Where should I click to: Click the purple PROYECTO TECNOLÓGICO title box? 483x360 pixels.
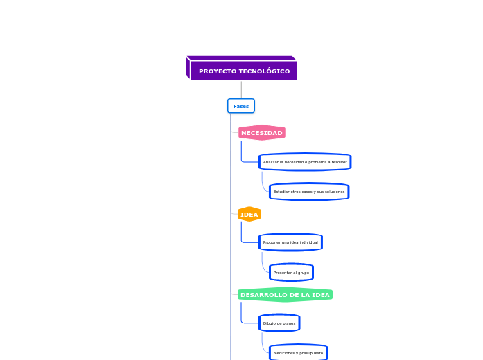point(243,71)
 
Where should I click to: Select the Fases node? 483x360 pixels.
point(241,106)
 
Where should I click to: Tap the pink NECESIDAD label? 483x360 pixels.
point(261,133)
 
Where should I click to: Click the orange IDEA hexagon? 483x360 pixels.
point(249,215)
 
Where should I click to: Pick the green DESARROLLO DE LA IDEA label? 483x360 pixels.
point(285,295)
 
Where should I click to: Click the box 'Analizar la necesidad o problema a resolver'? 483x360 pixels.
point(305,162)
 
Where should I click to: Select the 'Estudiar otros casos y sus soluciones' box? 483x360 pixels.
point(308,192)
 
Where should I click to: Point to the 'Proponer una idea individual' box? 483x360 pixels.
point(290,242)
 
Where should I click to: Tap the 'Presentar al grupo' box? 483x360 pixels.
point(291,273)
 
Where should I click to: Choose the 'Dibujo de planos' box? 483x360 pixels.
point(279,323)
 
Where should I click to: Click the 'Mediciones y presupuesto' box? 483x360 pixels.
point(298,353)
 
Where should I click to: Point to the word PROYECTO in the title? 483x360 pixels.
point(216,71)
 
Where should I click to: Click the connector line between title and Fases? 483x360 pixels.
point(241,89)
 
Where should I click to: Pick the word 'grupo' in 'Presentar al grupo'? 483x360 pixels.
point(302,273)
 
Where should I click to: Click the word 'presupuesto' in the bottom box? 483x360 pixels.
point(310,353)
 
